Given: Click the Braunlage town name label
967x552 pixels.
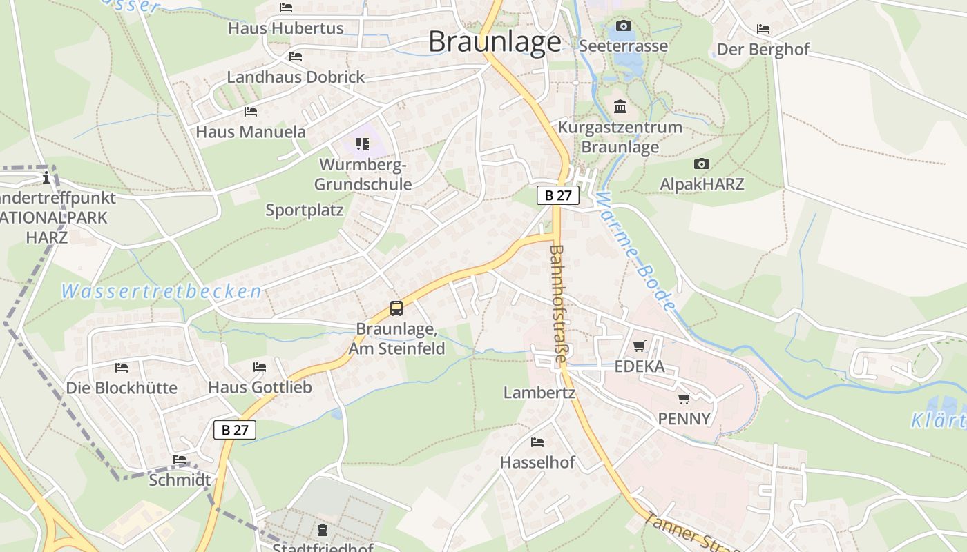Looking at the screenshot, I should coord(495,42).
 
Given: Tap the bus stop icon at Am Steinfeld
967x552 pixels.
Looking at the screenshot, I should coord(396,308).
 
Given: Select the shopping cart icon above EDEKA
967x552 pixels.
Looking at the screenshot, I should coord(640,346).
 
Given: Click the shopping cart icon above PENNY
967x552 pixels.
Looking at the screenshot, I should coord(684,398).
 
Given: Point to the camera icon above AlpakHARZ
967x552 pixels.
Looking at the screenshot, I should coord(702,164).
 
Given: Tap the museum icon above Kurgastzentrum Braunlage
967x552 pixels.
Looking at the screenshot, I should coord(620,107).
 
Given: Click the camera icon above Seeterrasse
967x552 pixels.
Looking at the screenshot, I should coord(624,26).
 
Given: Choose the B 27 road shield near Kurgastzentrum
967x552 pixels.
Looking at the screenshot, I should coord(558,195).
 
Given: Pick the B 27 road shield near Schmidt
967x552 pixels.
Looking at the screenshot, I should coord(235,430).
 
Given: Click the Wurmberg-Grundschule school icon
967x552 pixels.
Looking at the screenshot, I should coord(363,144).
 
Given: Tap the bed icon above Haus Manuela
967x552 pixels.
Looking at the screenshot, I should coord(251,111).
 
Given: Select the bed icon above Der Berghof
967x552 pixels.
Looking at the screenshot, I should coord(763,29).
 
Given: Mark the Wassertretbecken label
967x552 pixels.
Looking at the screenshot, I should coord(161,291).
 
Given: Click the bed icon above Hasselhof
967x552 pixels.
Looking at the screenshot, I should coord(537,442).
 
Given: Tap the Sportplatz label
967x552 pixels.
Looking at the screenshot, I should coord(305,210).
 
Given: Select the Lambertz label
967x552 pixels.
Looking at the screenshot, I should coord(539,393).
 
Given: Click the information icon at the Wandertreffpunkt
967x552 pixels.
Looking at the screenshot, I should coord(46,177).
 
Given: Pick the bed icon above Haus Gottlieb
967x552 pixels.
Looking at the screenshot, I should coord(260,366).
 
